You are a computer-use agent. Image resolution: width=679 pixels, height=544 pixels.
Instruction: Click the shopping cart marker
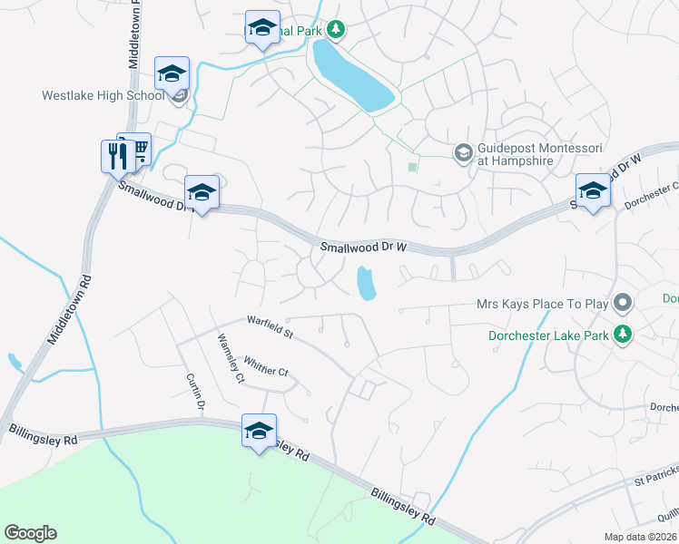(x=137, y=149)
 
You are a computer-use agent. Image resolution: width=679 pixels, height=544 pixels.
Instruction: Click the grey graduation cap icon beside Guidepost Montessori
(x=463, y=151)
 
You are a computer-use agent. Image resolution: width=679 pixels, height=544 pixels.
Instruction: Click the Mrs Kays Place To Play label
(x=540, y=305)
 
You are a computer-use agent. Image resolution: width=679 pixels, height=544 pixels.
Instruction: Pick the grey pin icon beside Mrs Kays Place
(x=623, y=301)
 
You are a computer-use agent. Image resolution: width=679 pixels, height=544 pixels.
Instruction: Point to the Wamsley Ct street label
(x=230, y=358)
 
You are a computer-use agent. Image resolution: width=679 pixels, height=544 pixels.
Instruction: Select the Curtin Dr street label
(x=198, y=391)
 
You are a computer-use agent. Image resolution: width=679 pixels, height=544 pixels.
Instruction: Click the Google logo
(x=30, y=533)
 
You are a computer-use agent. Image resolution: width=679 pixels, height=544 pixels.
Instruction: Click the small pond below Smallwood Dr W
(x=366, y=284)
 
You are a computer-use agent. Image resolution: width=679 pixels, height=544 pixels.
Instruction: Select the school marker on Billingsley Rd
(x=259, y=431)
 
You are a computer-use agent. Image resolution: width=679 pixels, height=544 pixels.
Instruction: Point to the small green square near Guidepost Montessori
(x=413, y=166)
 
